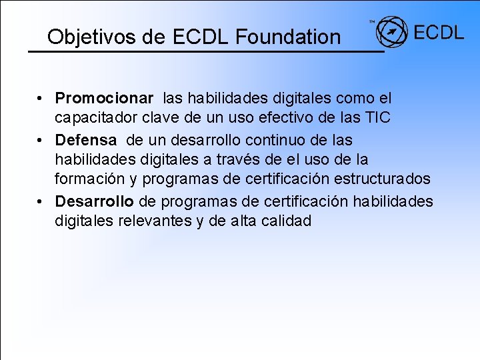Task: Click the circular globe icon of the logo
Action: [x=391, y=32]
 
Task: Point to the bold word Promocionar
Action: [x=104, y=99]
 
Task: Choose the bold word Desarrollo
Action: [x=95, y=201]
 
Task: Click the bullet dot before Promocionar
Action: [x=41, y=99]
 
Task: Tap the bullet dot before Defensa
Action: [x=41, y=141]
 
